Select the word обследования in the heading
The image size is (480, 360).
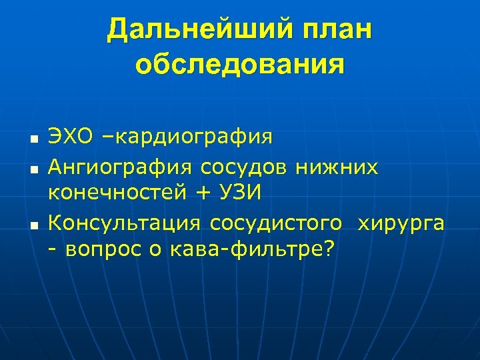pyautogui.click(x=240, y=65)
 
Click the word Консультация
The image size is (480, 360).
pyautogui.click(x=125, y=222)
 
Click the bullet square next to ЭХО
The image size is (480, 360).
pyautogui.click(x=32, y=139)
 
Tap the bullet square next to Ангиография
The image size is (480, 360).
pyautogui.click(x=32, y=167)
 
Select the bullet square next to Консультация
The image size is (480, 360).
pyautogui.click(x=32, y=224)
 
